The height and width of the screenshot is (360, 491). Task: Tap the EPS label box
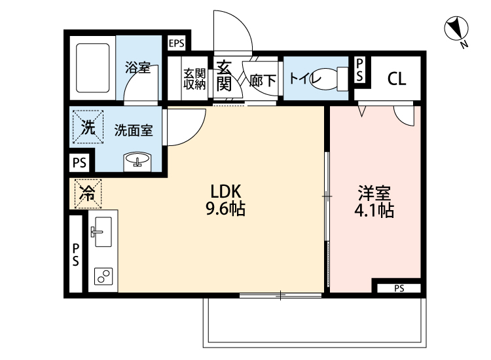177,44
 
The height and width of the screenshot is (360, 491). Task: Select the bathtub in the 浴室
92,68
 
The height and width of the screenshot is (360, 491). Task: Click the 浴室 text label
138,67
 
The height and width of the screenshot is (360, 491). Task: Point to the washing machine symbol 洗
87,128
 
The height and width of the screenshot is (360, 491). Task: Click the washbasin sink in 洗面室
137,160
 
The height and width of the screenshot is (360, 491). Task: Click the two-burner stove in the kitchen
103,276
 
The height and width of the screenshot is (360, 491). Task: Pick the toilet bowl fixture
336,79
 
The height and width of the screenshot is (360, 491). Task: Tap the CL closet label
396,79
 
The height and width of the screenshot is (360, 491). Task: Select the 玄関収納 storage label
194,79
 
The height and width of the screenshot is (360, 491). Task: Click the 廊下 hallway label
263,80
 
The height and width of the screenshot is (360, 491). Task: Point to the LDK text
227,192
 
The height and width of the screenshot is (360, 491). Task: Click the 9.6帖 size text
227,210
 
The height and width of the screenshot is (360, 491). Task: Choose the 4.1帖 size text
374,211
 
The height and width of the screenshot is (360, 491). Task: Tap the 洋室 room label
374,193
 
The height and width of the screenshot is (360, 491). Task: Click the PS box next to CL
359,70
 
